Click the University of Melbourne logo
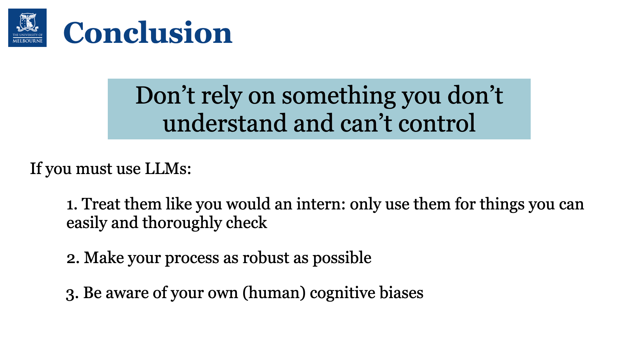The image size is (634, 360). pos(28,28)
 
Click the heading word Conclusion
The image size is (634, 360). pos(148,32)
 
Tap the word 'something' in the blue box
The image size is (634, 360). pos(339,97)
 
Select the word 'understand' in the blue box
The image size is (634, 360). pos(225,123)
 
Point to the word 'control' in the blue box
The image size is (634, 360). pos(437,123)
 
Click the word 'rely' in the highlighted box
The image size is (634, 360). pos(221,97)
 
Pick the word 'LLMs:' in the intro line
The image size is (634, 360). pos(168,168)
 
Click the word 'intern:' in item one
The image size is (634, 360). pos(321,204)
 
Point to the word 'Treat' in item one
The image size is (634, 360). pos(101,204)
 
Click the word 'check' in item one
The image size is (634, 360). pos(246,222)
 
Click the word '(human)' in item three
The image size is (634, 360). pos(274,293)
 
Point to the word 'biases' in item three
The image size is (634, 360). pos(401,293)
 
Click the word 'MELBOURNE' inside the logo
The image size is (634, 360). pos(28,41)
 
